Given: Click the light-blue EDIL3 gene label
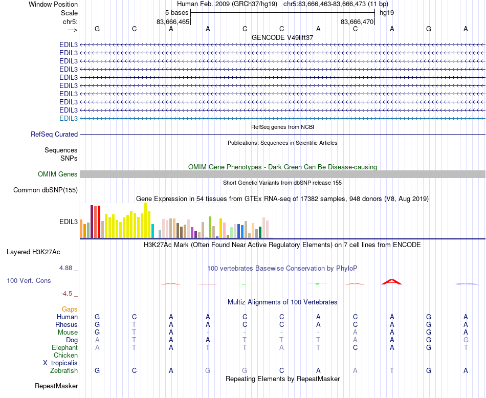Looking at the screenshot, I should [69, 118].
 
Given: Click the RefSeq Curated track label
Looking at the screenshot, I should [54, 134].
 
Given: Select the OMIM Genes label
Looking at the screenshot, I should [57, 174].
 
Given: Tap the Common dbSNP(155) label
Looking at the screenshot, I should [45, 190].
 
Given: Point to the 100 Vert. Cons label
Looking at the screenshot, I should [29, 281].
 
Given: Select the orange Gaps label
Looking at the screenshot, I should [70, 309].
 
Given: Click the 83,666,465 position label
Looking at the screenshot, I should [173, 22].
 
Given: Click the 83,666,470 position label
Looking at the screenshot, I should [357, 22].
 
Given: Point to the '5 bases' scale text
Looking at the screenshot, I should [176, 12].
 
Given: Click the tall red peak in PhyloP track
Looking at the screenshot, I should [392, 281].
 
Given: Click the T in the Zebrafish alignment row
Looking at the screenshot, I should [392, 370].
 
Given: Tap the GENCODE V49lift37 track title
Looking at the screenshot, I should [282, 37].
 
